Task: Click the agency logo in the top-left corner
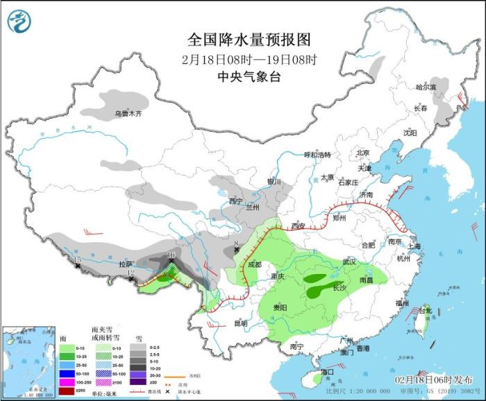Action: [x=20, y=22]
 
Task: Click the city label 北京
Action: [x=363, y=153]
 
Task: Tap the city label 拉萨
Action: [x=125, y=264]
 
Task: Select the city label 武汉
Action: [x=349, y=262]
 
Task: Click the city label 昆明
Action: [x=240, y=323]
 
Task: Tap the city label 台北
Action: [x=424, y=310]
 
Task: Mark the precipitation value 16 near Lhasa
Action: [x=171, y=255]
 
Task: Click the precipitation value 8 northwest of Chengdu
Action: [x=237, y=244]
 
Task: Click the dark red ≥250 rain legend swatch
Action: [x=66, y=391]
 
